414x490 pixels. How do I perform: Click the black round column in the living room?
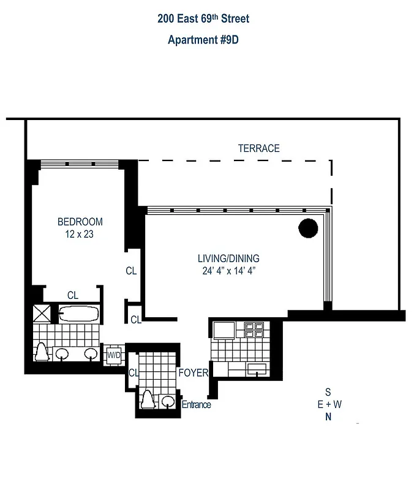pos(308,228)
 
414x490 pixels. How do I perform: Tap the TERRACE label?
pos(258,148)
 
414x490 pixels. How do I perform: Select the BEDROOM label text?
pos(80,222)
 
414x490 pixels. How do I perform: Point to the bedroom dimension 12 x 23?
pos(80,234)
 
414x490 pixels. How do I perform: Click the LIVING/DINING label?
pos(228,258)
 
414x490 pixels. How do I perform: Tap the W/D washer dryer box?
pos(114,355)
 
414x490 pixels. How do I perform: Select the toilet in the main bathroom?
pos(42,352)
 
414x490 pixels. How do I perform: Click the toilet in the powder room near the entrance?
pos(148,401)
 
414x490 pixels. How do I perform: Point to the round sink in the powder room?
pos(167,402)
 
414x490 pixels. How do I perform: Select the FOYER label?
pos(194,372)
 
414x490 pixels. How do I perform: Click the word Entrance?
pos(196,404)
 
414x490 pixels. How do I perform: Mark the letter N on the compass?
pos(328,418)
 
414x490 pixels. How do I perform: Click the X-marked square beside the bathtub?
pos(42,314)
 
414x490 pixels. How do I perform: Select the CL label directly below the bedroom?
pos(73,295)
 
